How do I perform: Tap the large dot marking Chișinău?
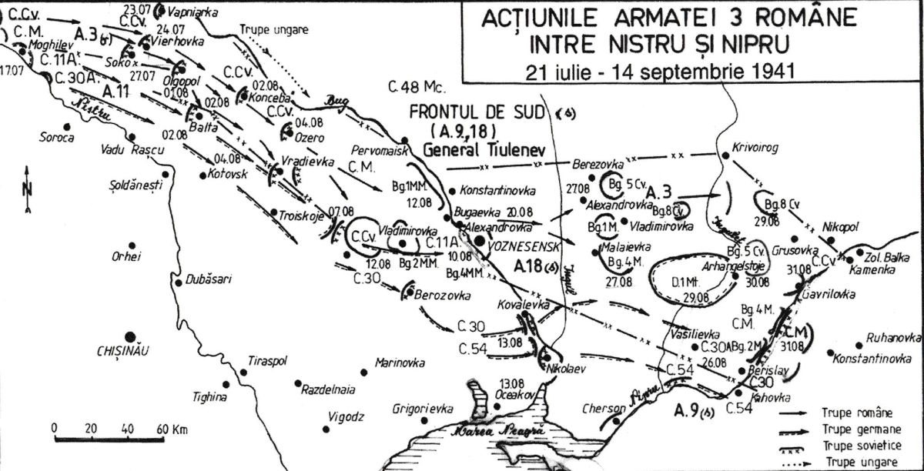(x=129, y=336)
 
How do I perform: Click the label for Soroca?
(x=59, y=139)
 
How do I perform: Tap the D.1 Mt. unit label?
(x=685, y=282)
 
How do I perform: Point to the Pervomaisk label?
(x=380, y=152)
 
